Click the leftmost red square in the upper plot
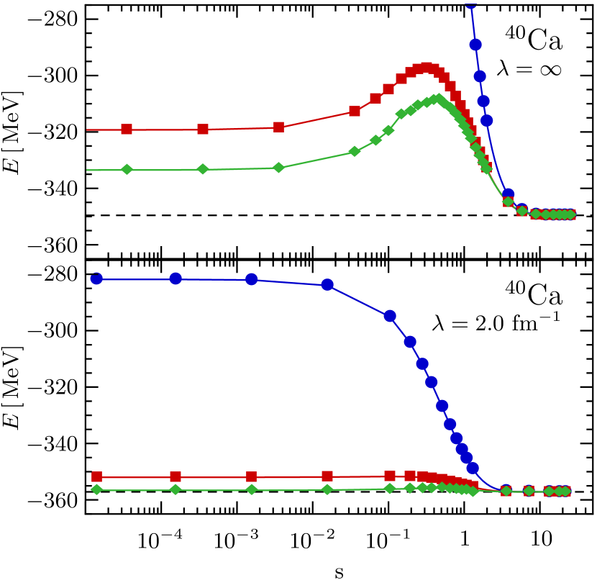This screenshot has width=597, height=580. (127, 130)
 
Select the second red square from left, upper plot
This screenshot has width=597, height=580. (203, 130)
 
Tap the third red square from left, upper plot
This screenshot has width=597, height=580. (279, 127)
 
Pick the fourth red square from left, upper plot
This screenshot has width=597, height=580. (355, 111)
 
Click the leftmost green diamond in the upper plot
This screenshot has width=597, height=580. (127, 170)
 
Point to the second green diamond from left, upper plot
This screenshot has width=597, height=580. (203, 169)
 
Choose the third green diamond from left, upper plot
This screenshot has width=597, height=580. (279, 168)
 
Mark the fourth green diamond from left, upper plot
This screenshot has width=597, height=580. (355, 151)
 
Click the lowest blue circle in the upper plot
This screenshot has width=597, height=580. (508, 194)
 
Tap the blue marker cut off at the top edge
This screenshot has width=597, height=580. (470, 3)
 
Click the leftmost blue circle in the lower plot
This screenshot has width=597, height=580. (97, 278)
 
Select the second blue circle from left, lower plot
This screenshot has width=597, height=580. (176, 278)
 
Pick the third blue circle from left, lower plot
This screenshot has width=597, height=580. (252, 279)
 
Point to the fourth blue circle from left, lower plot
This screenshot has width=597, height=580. (327, 284)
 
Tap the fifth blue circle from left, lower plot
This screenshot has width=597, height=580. (390, 316)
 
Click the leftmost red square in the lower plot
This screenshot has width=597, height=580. (97, 477)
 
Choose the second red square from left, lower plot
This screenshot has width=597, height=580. (176, 477)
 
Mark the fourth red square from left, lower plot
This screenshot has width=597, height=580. (327, 476)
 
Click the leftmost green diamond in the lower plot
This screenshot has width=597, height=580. (97, 489)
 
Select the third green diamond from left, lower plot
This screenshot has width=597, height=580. (252, 489)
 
